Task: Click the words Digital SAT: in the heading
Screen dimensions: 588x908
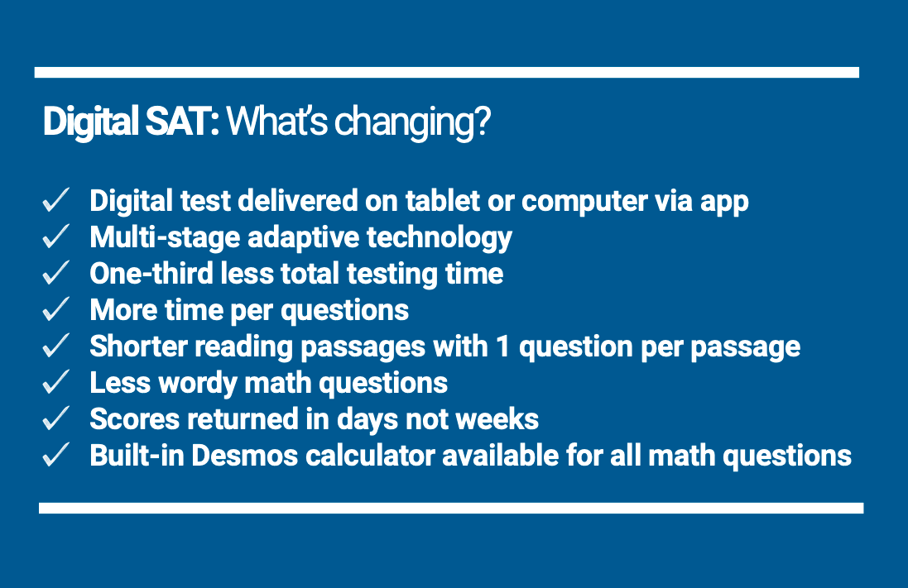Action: tap(131, 122)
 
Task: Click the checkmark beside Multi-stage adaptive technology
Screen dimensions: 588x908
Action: tap(55, 237)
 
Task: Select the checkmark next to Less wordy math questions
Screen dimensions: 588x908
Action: tap(55, 383)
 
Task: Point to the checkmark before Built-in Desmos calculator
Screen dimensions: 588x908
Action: tap(55, 456)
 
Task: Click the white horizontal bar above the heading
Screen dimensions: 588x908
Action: tap(446, 73)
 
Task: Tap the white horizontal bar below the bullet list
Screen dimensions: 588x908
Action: tap(450, 508)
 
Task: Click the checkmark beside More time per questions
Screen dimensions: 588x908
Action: tap(55, 310)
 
